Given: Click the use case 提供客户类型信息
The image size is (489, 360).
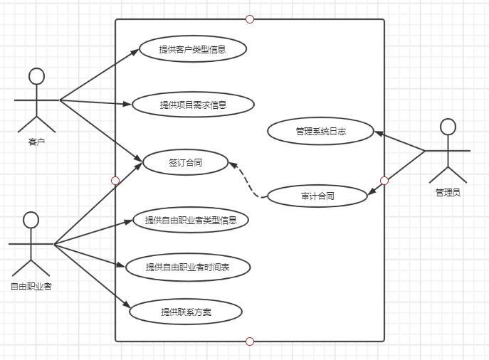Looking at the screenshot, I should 193,49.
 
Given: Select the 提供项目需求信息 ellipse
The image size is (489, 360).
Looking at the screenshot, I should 193,105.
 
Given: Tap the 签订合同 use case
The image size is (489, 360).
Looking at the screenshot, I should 185,163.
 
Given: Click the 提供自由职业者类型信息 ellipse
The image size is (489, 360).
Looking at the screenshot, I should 191,220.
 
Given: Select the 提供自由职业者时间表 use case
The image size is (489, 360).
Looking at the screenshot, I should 187,267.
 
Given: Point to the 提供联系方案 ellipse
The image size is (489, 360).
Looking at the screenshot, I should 186,312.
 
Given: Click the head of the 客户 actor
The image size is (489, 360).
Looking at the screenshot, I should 36,76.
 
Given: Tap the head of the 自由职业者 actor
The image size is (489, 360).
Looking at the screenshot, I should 30,220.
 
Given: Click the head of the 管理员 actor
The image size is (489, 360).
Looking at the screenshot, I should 447,127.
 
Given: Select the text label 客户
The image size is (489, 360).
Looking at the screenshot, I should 36,142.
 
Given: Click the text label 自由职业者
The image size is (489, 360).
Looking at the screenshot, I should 31,287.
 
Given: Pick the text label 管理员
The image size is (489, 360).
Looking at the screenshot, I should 448,192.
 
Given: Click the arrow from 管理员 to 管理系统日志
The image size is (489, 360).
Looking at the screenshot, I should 400,142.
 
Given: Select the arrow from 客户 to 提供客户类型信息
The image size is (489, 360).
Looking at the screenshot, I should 100,75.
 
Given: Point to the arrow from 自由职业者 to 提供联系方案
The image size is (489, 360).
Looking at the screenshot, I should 93,277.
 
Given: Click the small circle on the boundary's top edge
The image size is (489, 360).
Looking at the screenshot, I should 250,19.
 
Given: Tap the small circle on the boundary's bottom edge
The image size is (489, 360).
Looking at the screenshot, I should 250,342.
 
